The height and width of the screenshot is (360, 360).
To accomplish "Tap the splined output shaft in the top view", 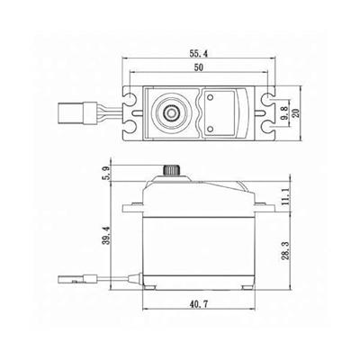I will click(170, 112).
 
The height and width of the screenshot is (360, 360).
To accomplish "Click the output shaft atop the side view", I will click(170, 170).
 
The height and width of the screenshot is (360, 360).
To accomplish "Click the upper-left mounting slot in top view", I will click(130, 97).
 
